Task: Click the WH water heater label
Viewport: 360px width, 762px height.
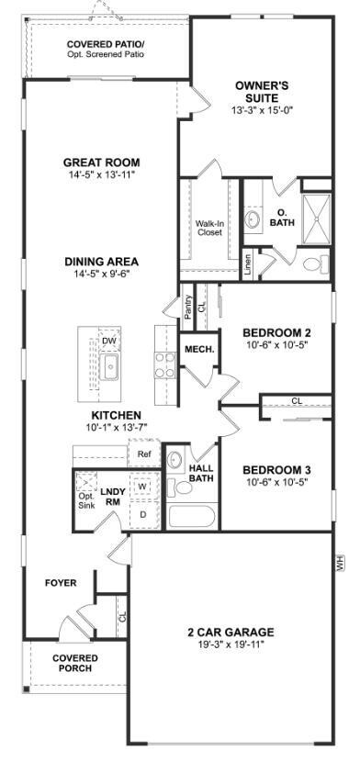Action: point(340,564)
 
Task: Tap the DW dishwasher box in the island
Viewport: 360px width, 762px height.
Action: point(109,341)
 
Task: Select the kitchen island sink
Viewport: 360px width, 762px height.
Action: point(108,366)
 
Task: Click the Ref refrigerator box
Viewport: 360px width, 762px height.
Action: point(143,454)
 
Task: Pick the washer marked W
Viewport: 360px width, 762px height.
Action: point(143,486)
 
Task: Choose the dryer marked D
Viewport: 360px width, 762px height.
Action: point(143,514)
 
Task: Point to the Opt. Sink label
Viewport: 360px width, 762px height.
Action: point(86,501)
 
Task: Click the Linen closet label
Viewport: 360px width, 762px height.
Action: point(248,266)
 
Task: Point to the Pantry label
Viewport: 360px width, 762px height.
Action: point(188,308)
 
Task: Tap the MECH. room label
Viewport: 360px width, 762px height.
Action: point(199,349)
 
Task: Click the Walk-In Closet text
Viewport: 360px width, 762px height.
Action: point(208,228)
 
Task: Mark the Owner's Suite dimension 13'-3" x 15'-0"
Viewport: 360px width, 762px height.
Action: point(262,110)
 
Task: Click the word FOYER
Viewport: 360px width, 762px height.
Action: point(61,583)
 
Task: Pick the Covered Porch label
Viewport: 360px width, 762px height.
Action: point(75,664)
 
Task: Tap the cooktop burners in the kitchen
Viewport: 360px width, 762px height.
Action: point(164,365)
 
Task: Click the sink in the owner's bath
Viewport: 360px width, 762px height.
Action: point(253,219)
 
